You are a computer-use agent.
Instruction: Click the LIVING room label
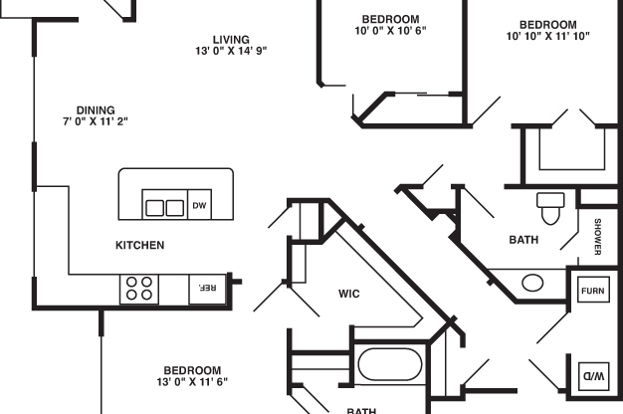point(231,40)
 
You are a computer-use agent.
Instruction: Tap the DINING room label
point(96,110)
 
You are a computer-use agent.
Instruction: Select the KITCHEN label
point(140,245)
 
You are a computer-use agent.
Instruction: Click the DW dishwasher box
point(199,205)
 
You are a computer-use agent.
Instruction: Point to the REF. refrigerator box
point(207,289)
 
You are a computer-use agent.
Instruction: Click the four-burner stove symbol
point(139,289)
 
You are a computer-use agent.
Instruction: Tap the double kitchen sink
point(164,207)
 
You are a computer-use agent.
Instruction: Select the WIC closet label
point(349,294)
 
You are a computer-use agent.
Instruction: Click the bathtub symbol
point(390,364)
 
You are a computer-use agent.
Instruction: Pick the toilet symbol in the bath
point(550,208)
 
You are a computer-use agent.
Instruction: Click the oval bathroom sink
point(532,283)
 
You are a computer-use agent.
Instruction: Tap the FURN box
point(593,290)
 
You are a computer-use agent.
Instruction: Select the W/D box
point(593,376)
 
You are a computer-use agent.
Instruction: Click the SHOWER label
point(597,237)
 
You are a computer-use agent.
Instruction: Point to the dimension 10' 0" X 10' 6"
point(390,31)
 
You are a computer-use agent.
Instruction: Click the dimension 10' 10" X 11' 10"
point(548,36)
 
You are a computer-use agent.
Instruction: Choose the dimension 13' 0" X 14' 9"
point(231,51)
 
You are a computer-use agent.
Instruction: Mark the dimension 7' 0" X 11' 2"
point(96,121)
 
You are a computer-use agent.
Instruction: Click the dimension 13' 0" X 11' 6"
point(192,382)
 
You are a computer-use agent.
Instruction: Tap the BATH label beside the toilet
point(523,240)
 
